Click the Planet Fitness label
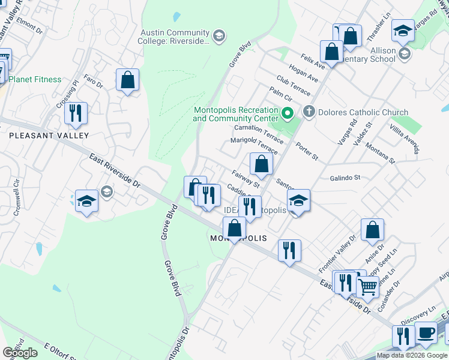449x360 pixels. [x=35, y=79]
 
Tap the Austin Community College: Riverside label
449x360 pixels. [x=175, y=37]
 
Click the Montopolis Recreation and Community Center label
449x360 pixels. [x=235, y=114]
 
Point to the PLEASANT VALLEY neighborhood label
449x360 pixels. [x=49, y=136]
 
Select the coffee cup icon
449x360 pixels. [x=426, y=334]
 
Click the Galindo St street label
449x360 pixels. [x=345, y=178]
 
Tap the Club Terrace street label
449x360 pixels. [x=293, y=86]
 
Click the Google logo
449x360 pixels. [x=20, y=353]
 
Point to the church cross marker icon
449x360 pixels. [x=309, y=112]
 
